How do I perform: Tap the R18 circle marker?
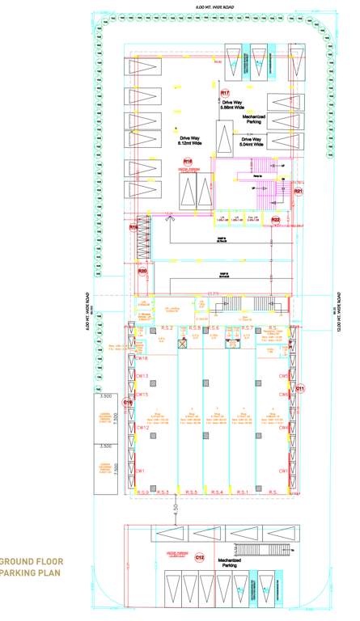pyautogui.click(x=188, y=162)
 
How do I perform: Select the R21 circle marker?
pyautogui.click(x=298, y=192)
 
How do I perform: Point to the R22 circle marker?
pyautogui.click(x=276, y=219)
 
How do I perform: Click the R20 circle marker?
pyautogui.click(x=142, y=272)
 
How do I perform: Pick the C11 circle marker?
pyautogui.click(x=300, y=389)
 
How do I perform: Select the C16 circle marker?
pyautogui.click(x=128, y=402)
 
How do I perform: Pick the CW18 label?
pyautogui.click(x=141, y=358)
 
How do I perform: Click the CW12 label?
pyautogui.click(x=140, y=428)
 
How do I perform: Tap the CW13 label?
pyautogui.click(x=140, y=376)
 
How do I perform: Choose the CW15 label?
pyautogui.click(x=141, y=395)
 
